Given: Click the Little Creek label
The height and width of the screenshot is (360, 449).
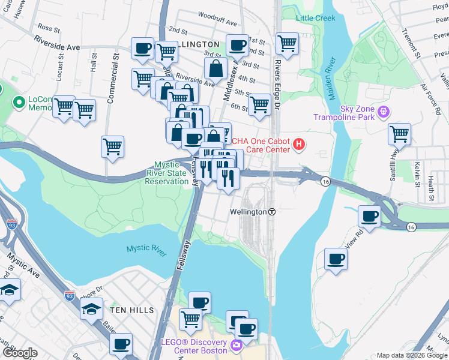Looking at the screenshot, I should point(316,18).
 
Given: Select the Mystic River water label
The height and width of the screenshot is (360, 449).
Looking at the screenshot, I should point(146,251).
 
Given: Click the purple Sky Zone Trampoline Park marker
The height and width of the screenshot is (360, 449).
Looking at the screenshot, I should point(383,112).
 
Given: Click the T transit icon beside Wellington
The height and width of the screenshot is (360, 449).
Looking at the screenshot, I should point(272,212).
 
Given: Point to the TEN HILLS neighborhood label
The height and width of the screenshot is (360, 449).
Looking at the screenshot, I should point(131,310).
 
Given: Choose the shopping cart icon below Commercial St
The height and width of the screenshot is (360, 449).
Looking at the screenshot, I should point(113,146).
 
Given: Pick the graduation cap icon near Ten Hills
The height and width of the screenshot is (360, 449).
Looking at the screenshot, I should point(91,309).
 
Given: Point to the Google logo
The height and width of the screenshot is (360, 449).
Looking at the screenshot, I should point(20,353).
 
